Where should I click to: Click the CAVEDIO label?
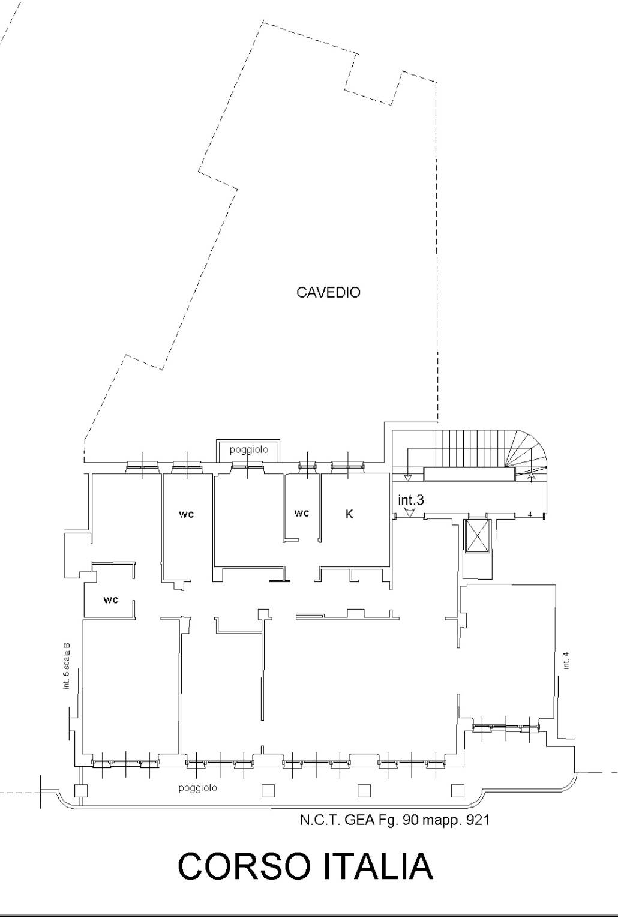pyautogui.click(x=328, y=292)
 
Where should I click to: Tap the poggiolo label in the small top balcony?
pyautogui.click(x=249, y=450)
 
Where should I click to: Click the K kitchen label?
pyautogui.click(x=349, y=514)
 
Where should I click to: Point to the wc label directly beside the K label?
pyautogui.click(x=301, y=513)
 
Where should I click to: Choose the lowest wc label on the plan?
pyautogui.click(x=110, y=599)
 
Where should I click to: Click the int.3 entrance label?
pyautogui.click(x=410, y=500)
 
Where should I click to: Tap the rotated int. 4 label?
pyautogui.click(x=566, y=661)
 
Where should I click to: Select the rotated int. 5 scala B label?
pyautogui.click(x=67, y=665)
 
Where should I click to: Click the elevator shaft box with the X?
pyautogui.click(x=477, y=535)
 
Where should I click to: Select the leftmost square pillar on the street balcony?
pyautogui.click(x=80, y=790)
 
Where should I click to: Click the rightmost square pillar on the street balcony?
pyautogui.click(x=458, y=790)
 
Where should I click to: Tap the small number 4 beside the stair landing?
pyautogui.click(x=530, y=514)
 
